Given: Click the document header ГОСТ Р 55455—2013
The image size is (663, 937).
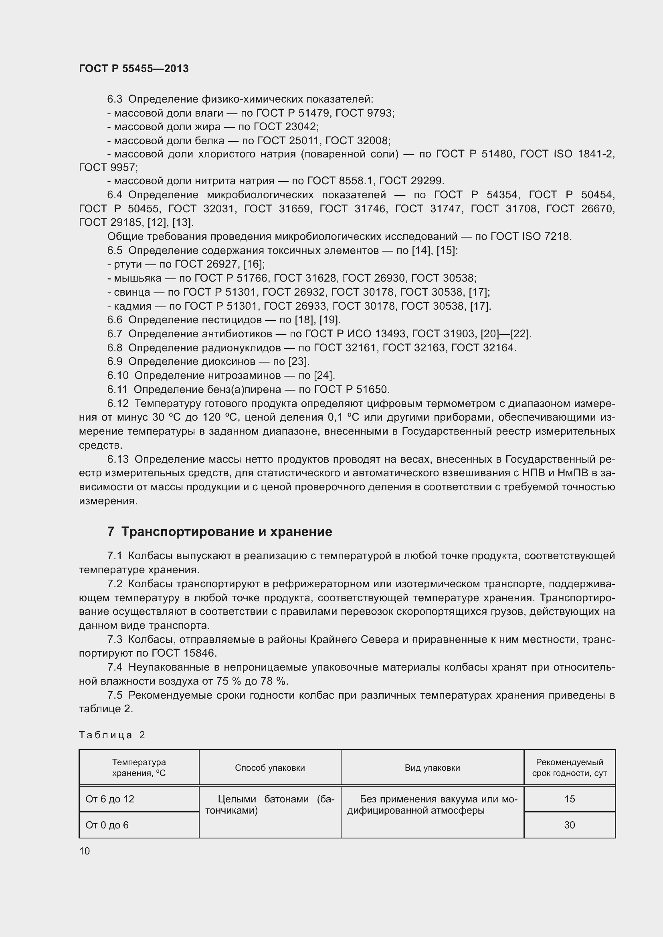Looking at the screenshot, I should click(x=133, y=69).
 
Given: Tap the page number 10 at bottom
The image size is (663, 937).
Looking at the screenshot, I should click(x=85, y=851).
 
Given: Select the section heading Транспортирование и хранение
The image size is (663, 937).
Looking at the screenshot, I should click(x=226, y=532).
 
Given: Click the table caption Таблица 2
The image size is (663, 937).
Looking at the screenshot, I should click(x=112, y=735).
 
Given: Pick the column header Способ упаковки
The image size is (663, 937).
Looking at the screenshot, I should click(x=270, y=768).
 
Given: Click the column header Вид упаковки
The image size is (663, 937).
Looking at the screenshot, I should click(x=432, y=768).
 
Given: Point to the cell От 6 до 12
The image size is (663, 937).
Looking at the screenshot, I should click(x=110, y=799).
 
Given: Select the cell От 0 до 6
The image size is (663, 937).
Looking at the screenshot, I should click(x=107, y=825).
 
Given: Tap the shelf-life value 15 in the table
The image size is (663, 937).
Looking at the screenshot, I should click(x=570, y=799).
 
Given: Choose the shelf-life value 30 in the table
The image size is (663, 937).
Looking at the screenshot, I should click(x=570, y=825).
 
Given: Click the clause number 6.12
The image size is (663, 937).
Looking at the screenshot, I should click(x=117, y=404).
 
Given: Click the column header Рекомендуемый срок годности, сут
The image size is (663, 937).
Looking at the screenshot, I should click(x=570, y=768).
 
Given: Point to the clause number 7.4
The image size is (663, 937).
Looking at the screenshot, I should click(x=115, y=667).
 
